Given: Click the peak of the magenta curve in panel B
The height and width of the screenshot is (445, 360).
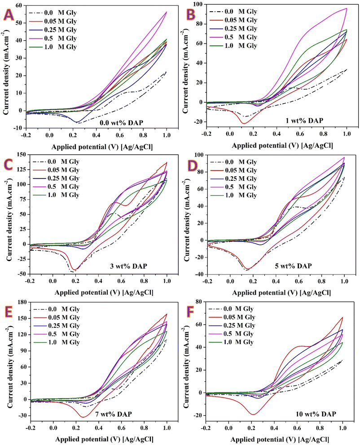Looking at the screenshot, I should point(346,9).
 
